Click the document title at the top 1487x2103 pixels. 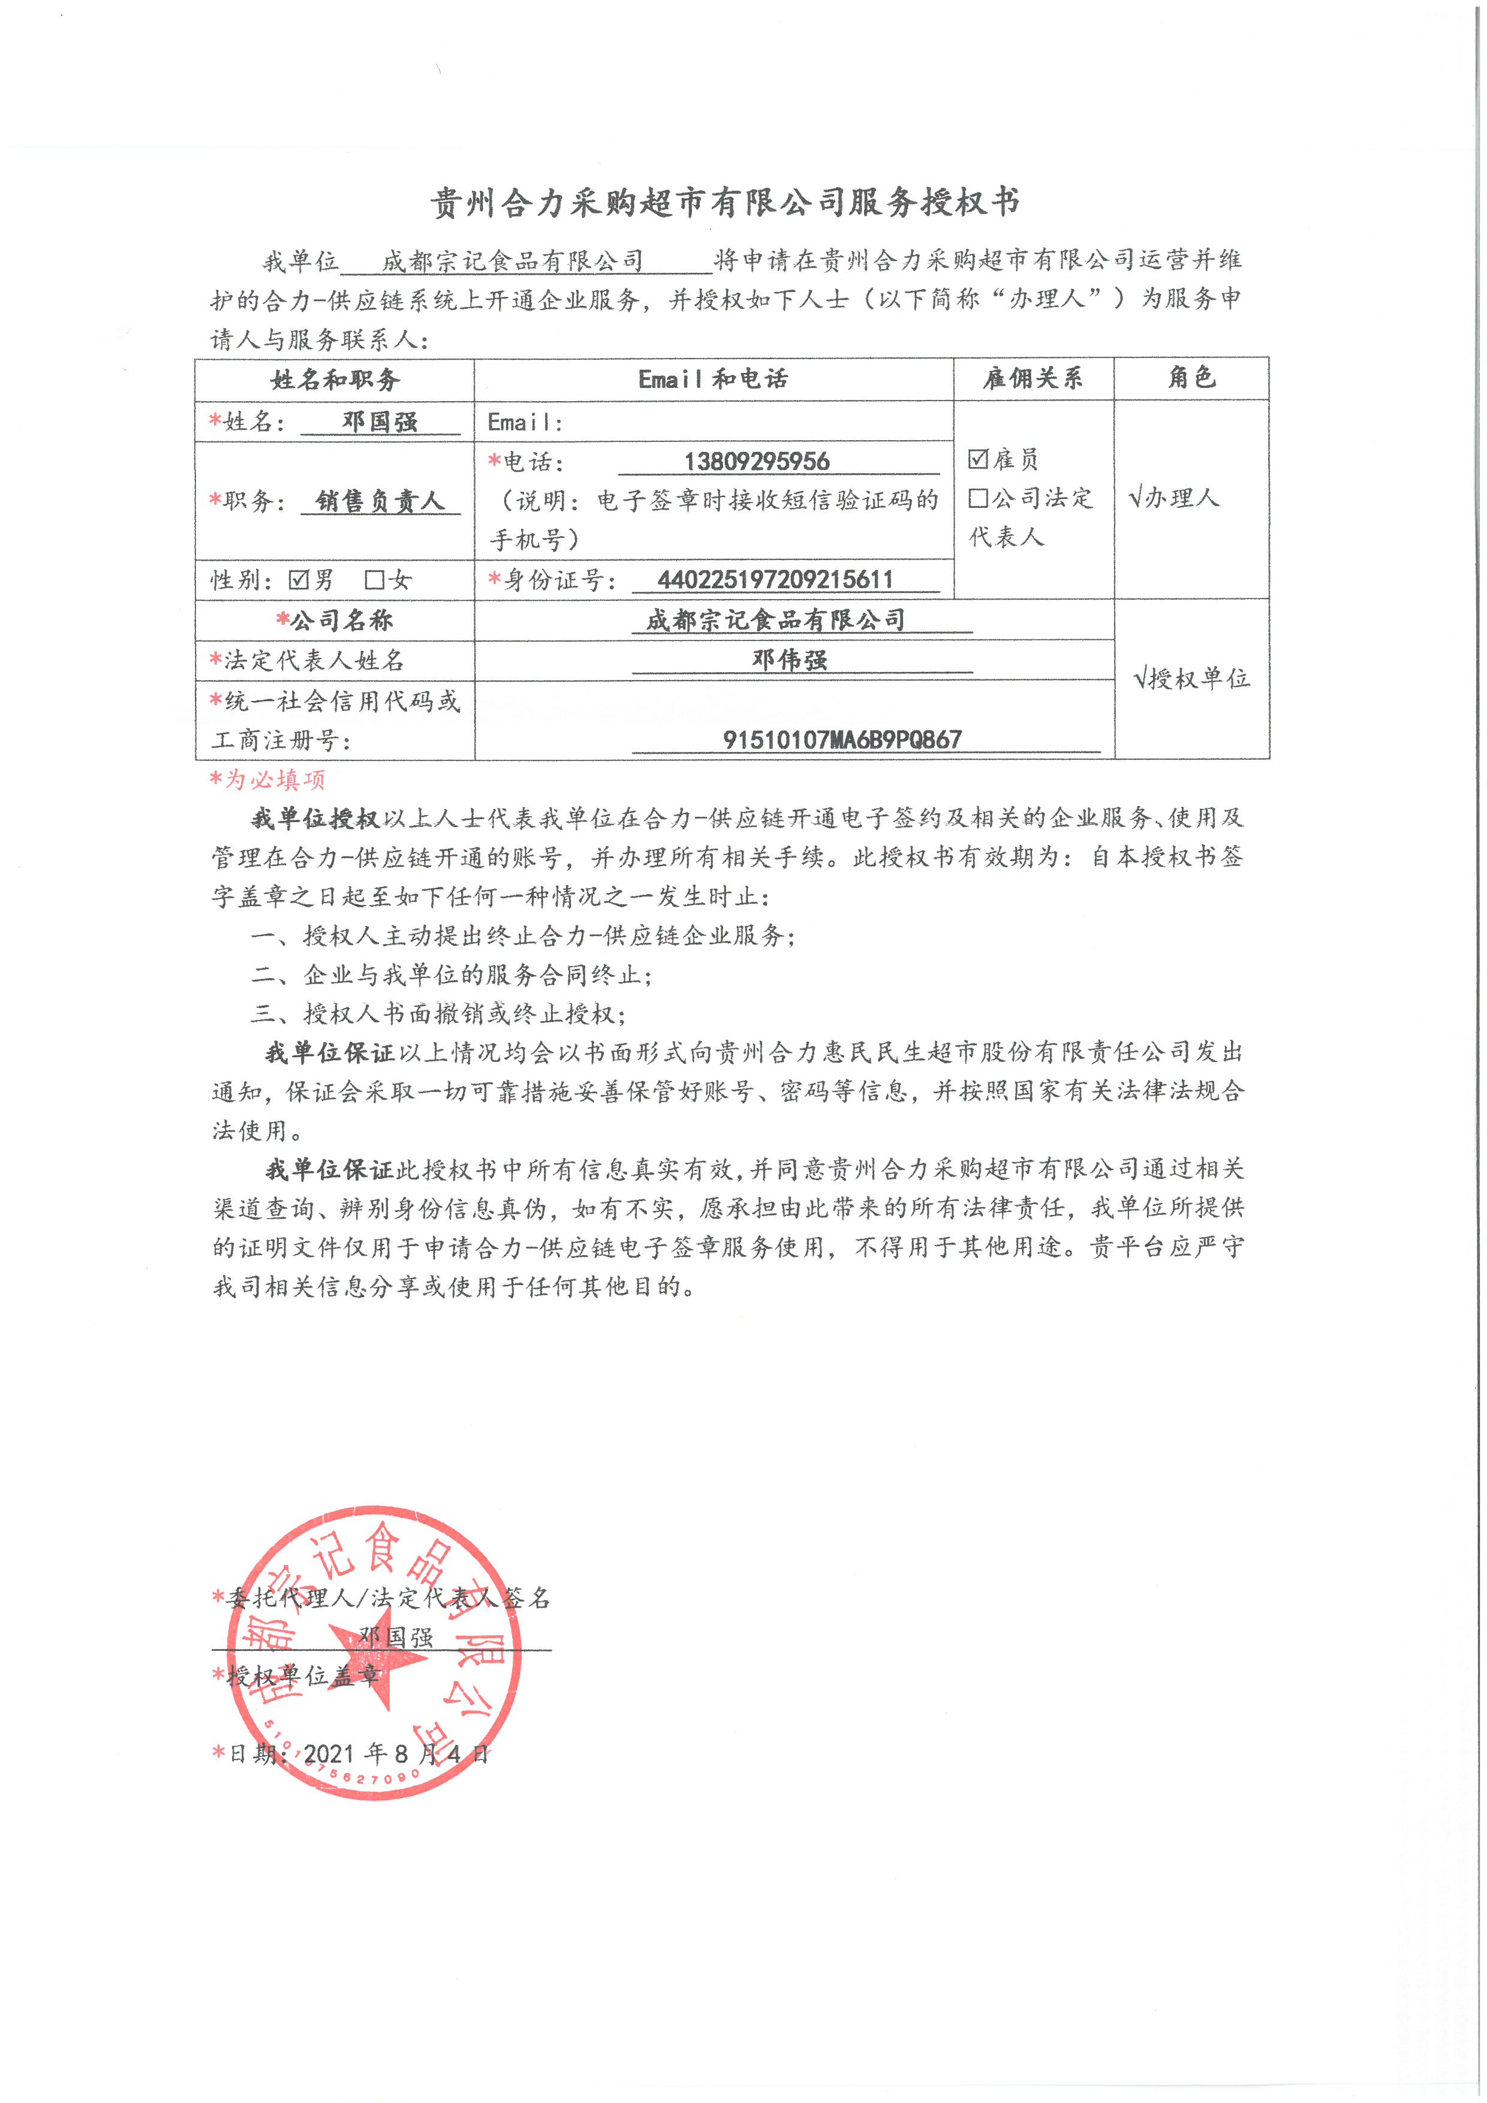tap(724, 203)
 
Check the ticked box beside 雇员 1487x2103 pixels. tap(978, 458)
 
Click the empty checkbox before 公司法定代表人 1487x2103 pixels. tap(978, 497)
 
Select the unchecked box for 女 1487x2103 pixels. tap(374, 580)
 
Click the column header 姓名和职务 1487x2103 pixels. tap(335, 379)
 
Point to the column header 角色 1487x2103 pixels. tap(1191, 377)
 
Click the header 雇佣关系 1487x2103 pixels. tap(1033, 378)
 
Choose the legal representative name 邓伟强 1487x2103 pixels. tap(789, 660)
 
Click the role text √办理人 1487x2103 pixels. tap(1175, 497)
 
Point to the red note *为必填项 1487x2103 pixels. tap(267, 780)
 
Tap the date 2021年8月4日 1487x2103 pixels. tap(396, 1754)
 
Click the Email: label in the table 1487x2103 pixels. tap(525, 422)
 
